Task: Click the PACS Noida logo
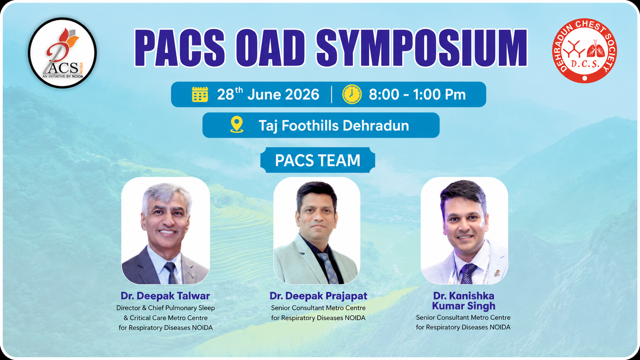(62, 53)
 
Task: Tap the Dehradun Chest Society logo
(584, 51)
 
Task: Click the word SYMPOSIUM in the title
(422, 48)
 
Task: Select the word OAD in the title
(270, 48)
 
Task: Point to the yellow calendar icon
(200, 94)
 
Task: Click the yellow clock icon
(352, 94)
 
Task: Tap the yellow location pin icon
(237, 124)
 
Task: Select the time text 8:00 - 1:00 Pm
(417, 94)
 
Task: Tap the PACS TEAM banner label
(318, 160)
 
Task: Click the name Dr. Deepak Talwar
(165, 296)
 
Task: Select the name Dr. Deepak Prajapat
(318, 296)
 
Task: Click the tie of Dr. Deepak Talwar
(172, 273)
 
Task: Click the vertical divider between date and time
(331, 94)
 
